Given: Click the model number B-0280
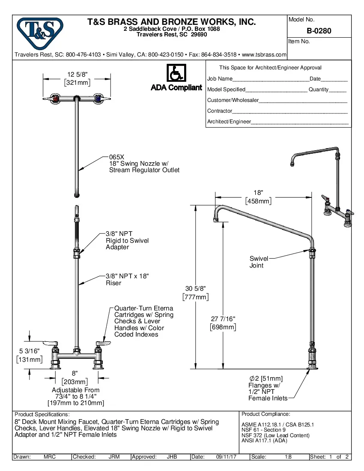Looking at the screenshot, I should coord(319,31).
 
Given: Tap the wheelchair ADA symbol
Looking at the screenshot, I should coord(176,73).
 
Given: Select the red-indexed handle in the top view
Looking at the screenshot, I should coord(54,99).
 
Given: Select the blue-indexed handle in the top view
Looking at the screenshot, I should coord(99,99).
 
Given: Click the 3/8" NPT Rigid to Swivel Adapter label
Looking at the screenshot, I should coord(127,241).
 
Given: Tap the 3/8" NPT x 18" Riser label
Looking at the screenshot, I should coord(127,280).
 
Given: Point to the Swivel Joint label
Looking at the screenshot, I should coord(259,262).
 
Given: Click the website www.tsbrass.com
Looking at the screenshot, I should coord(264,55).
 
